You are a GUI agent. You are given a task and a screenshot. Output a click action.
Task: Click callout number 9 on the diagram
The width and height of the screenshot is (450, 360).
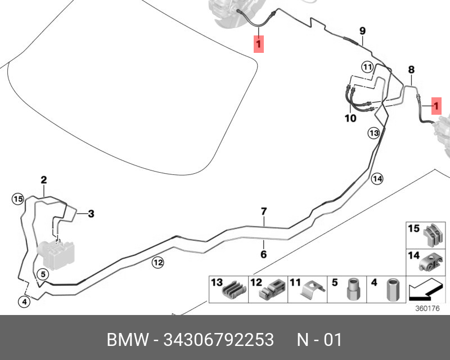coord(362,31)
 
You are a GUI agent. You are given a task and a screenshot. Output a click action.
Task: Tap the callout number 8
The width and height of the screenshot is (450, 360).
coord(411,70)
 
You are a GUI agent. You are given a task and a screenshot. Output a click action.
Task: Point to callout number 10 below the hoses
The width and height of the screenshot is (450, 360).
coord(350,118)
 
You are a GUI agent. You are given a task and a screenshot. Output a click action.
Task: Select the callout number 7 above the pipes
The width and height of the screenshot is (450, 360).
coord(264,211)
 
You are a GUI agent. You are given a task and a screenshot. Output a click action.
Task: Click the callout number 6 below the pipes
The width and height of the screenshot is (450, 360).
coord(263,254)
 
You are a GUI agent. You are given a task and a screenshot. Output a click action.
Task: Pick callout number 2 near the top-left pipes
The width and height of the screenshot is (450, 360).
coord(44,180)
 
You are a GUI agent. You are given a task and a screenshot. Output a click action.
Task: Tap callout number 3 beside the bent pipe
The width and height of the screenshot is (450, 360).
coord(91,214)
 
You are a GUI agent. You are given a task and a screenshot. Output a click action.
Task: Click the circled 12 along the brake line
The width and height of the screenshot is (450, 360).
coord(158,262)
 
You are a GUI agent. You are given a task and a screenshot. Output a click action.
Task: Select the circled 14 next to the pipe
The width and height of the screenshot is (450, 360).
coord(377,179)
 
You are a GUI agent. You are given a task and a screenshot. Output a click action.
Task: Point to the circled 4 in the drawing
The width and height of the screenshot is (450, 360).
coord(24,301)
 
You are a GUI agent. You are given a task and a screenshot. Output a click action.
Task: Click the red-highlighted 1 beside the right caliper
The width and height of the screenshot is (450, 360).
coord(436,106)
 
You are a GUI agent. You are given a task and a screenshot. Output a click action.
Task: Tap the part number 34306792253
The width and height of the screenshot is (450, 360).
coord(219,340)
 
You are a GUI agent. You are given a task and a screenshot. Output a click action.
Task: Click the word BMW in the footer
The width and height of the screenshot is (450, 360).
coord(128,340)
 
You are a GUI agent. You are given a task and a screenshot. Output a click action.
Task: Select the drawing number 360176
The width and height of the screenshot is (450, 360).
coord(427,308)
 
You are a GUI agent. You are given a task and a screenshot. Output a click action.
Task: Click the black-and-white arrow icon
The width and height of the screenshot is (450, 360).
coord(425,289)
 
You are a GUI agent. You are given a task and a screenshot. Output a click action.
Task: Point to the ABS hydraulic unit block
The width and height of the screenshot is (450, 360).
coord(56,254)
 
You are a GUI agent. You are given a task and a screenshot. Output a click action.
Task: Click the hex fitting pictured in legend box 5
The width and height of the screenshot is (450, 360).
coord(353,289)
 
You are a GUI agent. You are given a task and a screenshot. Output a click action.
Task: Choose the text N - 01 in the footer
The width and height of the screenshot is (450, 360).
coord(319,340)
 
